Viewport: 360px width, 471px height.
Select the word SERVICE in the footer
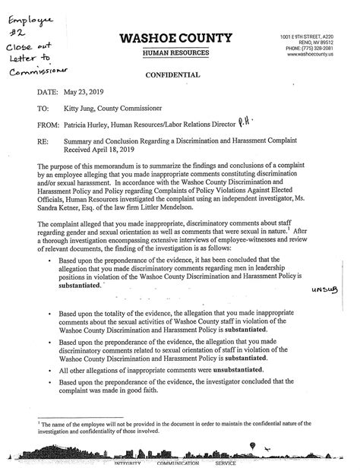point(226,463)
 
